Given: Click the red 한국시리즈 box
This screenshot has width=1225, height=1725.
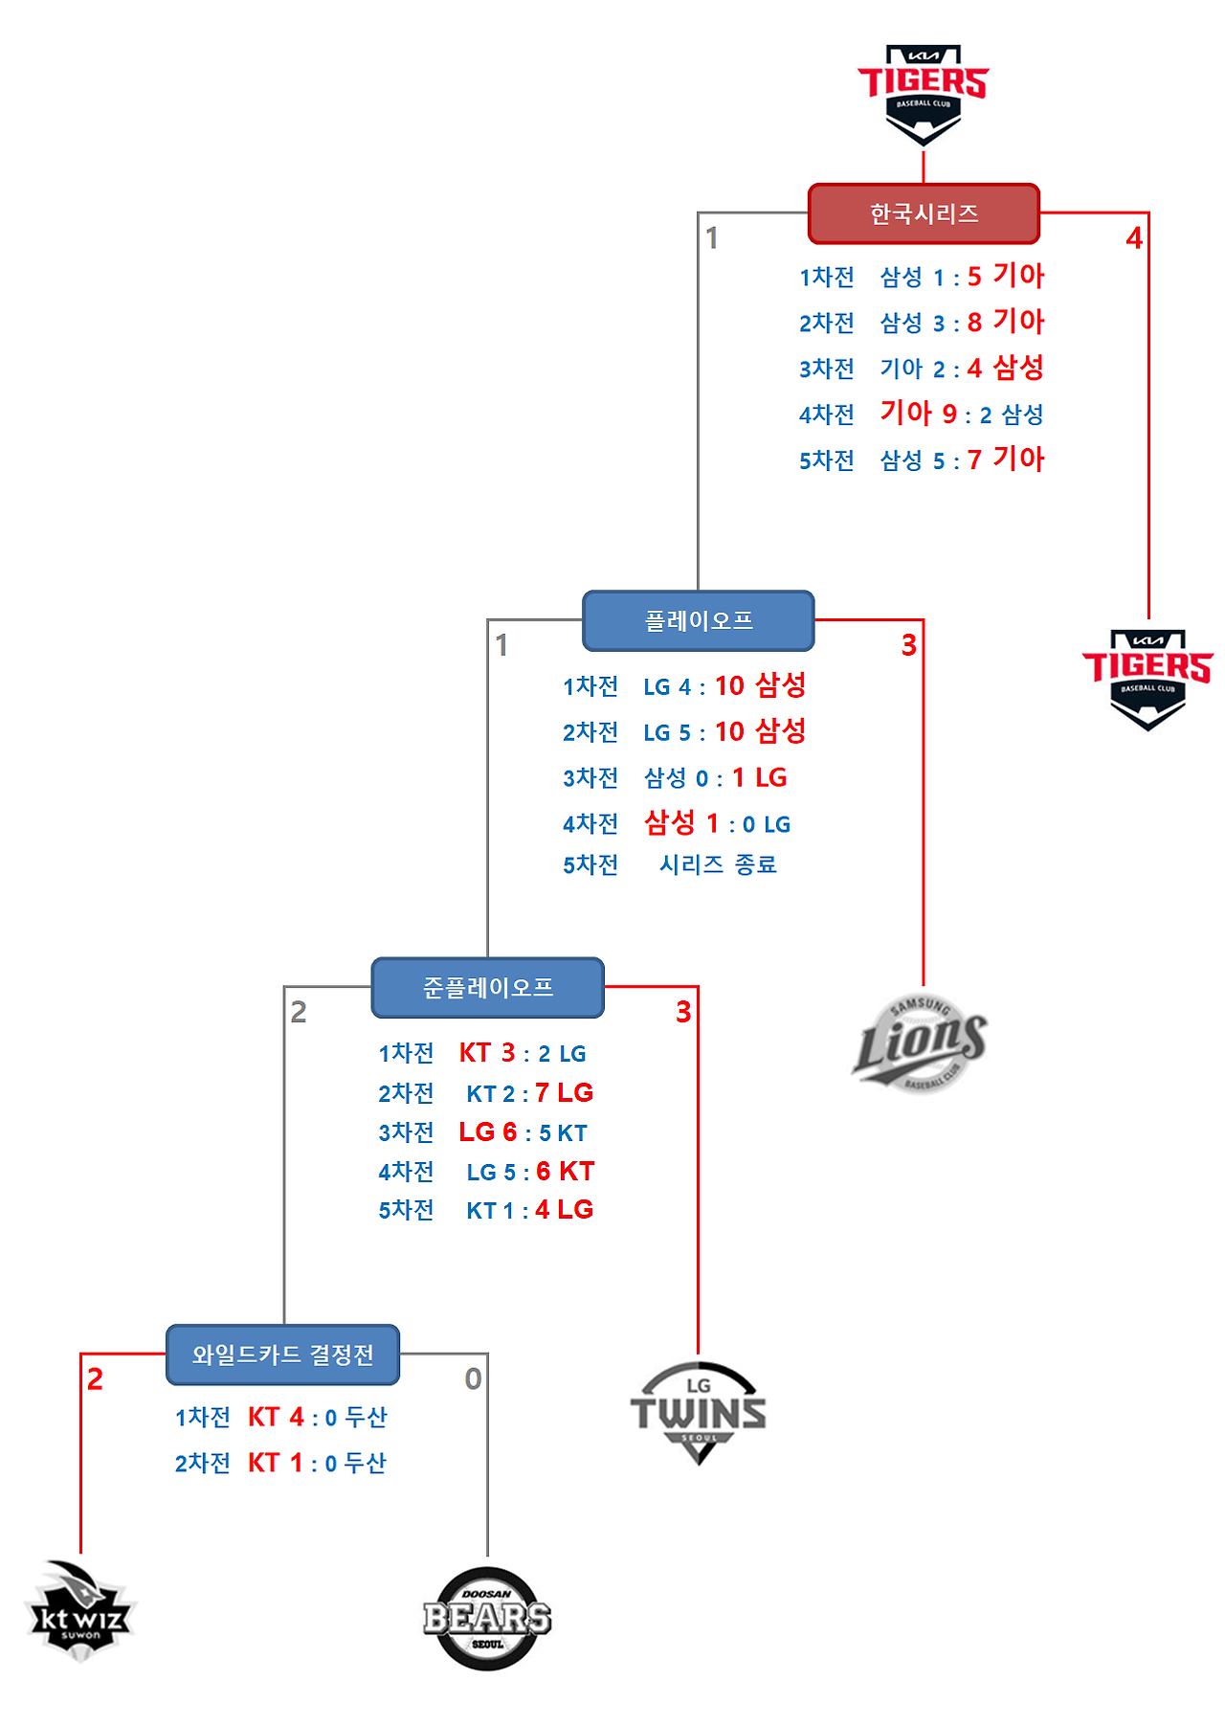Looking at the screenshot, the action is tap(924, 213).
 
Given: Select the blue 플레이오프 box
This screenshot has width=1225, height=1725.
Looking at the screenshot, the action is tap(699, 620).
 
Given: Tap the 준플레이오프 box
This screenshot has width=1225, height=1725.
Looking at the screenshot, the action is tap(488, 987).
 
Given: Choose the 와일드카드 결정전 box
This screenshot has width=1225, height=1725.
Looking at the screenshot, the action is tap(282, 1355).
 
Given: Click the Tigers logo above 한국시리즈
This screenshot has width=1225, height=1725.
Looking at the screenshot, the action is tap(923, 94).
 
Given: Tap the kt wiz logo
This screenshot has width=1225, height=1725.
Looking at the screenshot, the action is tap(80, 1611).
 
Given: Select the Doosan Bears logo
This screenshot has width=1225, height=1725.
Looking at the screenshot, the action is tap(488, 1618).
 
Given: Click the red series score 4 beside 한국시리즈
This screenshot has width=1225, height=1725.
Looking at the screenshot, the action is tap(1134, 238).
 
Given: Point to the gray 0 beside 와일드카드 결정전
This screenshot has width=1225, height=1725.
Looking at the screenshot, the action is tap(473, 1379).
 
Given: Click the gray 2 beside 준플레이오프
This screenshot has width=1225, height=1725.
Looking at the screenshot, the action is tap(299, 1012).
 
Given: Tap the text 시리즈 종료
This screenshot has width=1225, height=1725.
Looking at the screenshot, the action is tap(718, 864).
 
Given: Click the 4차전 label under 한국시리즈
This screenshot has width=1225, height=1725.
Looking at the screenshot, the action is tap(827, 414).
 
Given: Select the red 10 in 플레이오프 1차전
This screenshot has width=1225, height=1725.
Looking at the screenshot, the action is tap(729, 685).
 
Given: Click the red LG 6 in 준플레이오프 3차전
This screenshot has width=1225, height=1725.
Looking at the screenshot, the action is tap(488, 1131).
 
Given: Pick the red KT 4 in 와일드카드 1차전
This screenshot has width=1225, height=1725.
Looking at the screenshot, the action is tap(277, 1417).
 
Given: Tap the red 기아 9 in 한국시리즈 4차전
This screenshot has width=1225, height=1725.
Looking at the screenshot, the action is tap(919, 413).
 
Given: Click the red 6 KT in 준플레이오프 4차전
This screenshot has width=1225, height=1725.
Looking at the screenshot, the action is tap(565, 1171).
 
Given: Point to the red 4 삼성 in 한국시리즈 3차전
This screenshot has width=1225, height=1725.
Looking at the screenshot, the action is tap(1005, 367).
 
